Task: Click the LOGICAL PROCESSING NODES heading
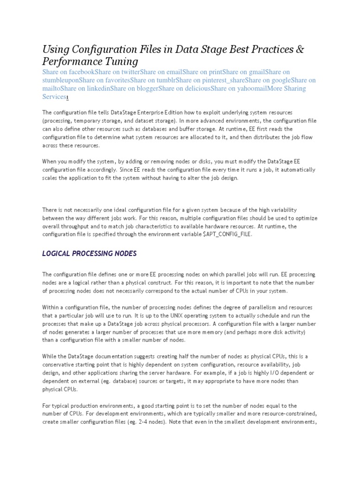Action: pyautogui.click(x=89, y=254)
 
